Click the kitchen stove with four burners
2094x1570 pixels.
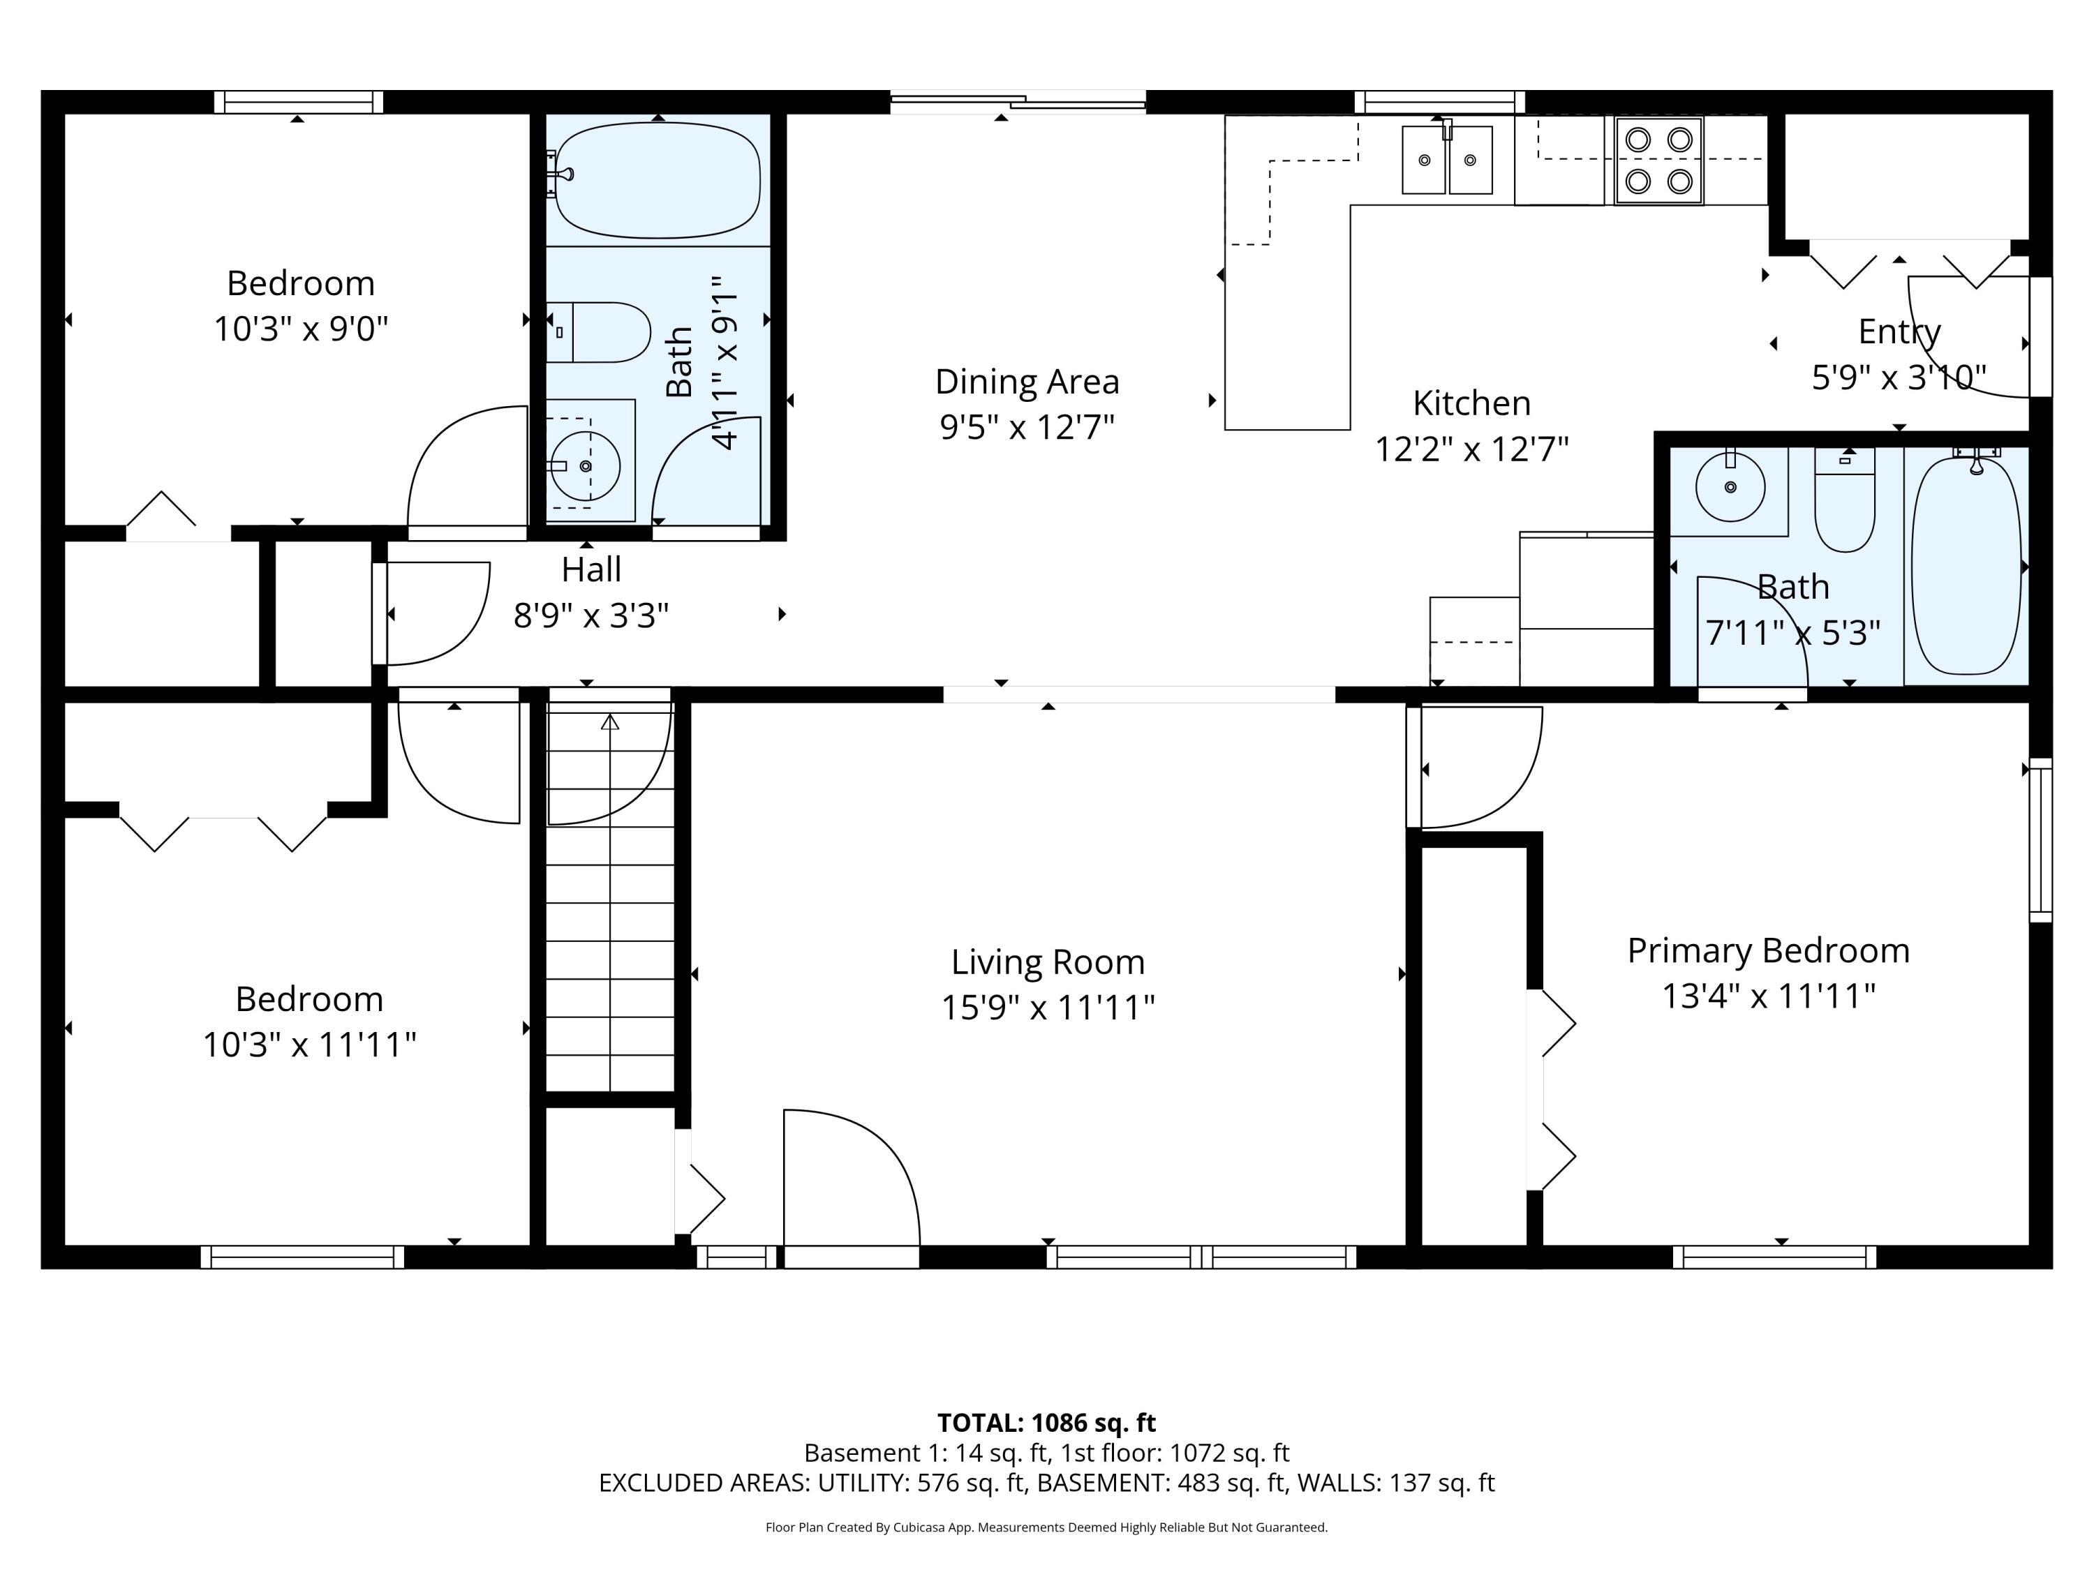click(x=1658, y=160)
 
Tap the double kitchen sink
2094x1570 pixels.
click(x=1446, y=160)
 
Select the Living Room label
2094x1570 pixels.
click(x=1048, y=962)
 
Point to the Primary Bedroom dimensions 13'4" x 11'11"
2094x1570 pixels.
click(x=1768, y=996)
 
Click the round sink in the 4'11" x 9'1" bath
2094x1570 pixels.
click(x=585, y=465)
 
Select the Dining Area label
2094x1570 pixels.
click(x=1027, y=382)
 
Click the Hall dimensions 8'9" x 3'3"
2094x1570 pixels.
click(x=591, y=616)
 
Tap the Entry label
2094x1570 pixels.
click(x=1899, y=331)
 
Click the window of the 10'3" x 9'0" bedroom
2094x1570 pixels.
click(x=298, y=102)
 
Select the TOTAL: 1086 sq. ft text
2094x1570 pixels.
click(x=1046, y=1422)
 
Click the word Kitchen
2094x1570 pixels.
click(x=1471, y=403)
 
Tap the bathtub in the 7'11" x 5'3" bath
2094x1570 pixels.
click(x=1966, y=566)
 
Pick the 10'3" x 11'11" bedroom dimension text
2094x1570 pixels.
click(x=309, y=1045)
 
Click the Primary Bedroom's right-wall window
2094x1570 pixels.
click(x=2040, y=839)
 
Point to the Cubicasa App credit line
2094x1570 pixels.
click(x=1046, y=1527)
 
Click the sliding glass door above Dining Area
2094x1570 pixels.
click(x=1018, y=102)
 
